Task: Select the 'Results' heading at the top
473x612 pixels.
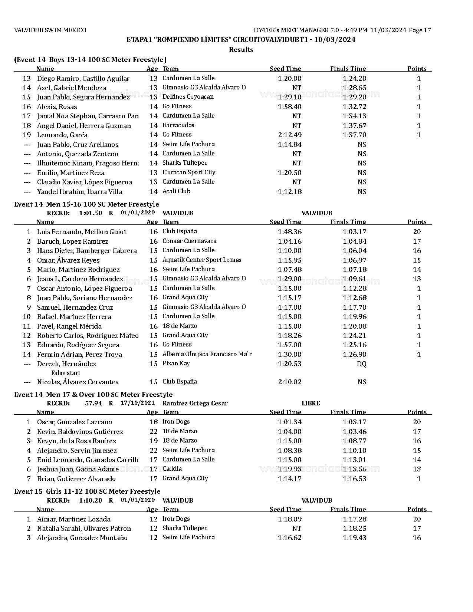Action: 241,50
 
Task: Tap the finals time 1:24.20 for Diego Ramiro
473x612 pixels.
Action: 354,79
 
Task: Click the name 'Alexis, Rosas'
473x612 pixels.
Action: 57,107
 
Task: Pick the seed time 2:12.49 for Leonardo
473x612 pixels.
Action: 289,135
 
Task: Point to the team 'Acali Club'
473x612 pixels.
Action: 176,191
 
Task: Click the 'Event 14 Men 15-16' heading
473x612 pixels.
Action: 86,204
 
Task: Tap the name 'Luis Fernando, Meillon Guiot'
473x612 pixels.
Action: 82,232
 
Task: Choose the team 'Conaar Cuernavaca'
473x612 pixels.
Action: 189,241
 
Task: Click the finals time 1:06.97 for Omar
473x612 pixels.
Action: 354,260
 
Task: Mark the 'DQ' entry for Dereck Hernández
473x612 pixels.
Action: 361,364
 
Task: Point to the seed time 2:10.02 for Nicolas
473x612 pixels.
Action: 289,382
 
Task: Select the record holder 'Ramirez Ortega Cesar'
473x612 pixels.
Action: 195,404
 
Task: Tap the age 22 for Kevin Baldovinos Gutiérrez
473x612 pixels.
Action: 154,432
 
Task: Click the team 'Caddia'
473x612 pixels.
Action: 172,469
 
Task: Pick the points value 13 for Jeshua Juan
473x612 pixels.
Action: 417,469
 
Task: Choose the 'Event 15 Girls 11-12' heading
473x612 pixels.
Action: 87,491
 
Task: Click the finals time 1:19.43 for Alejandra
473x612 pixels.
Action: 354,538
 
